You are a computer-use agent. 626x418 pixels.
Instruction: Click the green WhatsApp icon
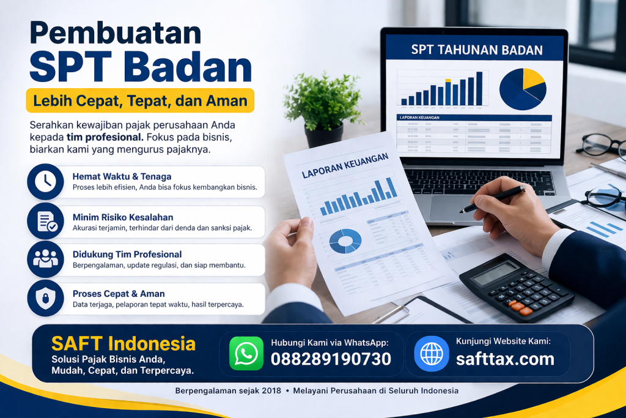(246, 353)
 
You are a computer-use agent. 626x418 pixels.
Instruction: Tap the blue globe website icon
(431, 353)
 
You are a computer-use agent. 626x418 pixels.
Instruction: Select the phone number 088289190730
(331, 359)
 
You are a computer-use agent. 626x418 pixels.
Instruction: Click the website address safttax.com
(505, 359)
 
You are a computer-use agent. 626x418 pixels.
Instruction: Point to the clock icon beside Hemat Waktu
(45, 182)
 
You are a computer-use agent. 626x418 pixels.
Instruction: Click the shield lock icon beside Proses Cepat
(45, 298)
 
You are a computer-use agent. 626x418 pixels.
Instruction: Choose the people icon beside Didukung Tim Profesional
(45, 259)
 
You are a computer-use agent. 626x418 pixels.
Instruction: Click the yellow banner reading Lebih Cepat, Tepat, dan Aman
(140, 100)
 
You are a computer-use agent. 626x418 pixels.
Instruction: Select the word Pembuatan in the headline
(116, 34)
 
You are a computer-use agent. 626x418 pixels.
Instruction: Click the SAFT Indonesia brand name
(123, 343)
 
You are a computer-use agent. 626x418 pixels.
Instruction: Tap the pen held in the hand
(492, 200)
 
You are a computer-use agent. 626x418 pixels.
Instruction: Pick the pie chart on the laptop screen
(522, 89)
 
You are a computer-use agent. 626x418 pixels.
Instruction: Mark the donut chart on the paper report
(345, 241)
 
